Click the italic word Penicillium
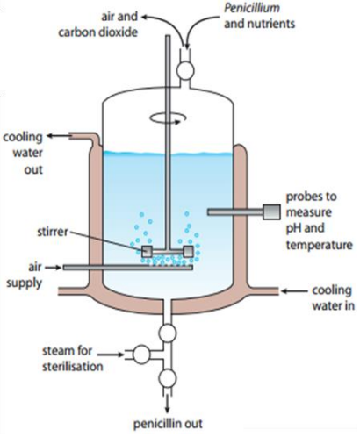coord(252,9)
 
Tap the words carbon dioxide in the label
coord(98,32)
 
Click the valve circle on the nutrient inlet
coord(185,70)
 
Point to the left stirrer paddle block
coord(147,251)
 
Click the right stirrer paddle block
coord(189,251)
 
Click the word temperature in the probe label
coord(320,245)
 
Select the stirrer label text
coord(53,232)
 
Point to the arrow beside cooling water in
coord(294,291)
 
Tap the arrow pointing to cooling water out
coord(58,136)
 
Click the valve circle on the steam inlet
coord(141,355)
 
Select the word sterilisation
coord(73,367)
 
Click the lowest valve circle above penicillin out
coord(168,378)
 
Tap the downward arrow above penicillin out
coord(168,404)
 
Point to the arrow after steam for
coord(111,355)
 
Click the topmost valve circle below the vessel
coord(168,333)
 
